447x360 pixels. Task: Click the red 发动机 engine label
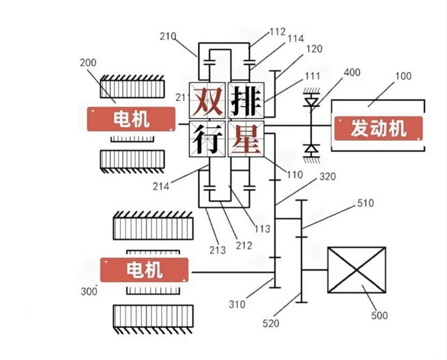(378, 128)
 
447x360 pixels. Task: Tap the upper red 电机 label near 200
(131, 119)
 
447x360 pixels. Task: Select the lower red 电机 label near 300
(144, 270)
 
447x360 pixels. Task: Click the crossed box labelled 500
(357, 270)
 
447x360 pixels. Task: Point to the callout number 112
(278, 32)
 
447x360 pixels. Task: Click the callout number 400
(352, 72)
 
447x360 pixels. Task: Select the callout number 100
(403, 76)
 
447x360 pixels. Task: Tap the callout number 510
(365, 203)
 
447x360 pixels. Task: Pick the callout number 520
(271, 323)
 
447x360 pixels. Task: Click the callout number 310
(237, 304)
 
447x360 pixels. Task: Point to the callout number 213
(217, 250)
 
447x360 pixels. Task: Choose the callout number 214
(161, 186)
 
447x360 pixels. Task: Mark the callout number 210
(168, 36)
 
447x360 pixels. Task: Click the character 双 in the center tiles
(207, 100)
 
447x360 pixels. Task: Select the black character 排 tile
(246, 100)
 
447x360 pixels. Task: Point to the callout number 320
(327, 176)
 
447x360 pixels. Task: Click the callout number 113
(262, 229)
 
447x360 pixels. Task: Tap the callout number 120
(314, 49)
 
